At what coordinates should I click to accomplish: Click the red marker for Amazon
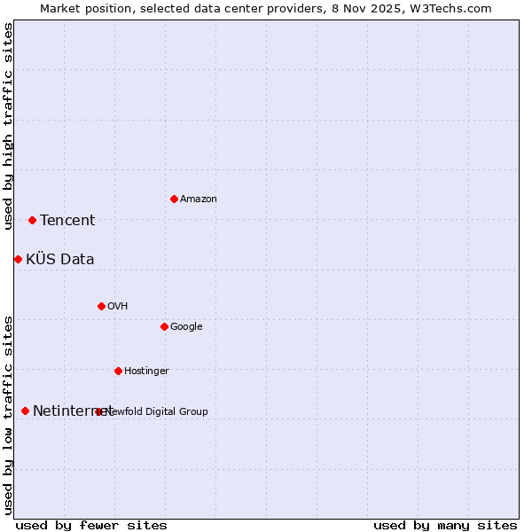pyautogui.click(x=174, y=199)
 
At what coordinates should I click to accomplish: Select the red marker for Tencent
pyautogui.click(x=32, y=220)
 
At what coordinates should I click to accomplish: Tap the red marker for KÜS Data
pyautogui.click(x=18, y=259)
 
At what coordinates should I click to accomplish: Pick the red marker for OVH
pyautogui.click(x=101, y=306)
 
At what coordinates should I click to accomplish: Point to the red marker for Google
pyautogui.click(x=164, y=326)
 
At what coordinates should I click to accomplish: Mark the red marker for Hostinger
pyautogui.click(x=118, y=371)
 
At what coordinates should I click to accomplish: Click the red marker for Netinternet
pyautogui.click(x=25, y=411)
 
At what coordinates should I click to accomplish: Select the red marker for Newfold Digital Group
pyautogui.click(x=98, y=411)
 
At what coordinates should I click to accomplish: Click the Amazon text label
pyautogui.click(x=199, y=199)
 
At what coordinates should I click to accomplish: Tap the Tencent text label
pyautogui.click(x=67, y=221)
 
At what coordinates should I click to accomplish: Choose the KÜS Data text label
pyautogui.click(x=60, y=260)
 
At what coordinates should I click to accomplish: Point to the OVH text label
pyautogui.click(x=118, y=307)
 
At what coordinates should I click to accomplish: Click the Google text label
pyautogui.click(x=186, y=327)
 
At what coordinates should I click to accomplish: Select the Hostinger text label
pyautogui.click(x=146, y=372)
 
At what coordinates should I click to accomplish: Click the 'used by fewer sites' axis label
pyautogui.click(x=91, y=526)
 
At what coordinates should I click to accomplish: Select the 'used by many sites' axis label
pyautogui.click(x=445, y=526)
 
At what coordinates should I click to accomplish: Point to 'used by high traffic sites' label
pyautogui.click(x=9, y=127)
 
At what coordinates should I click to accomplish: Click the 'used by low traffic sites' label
pyautogui.click(x=9, y=415)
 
